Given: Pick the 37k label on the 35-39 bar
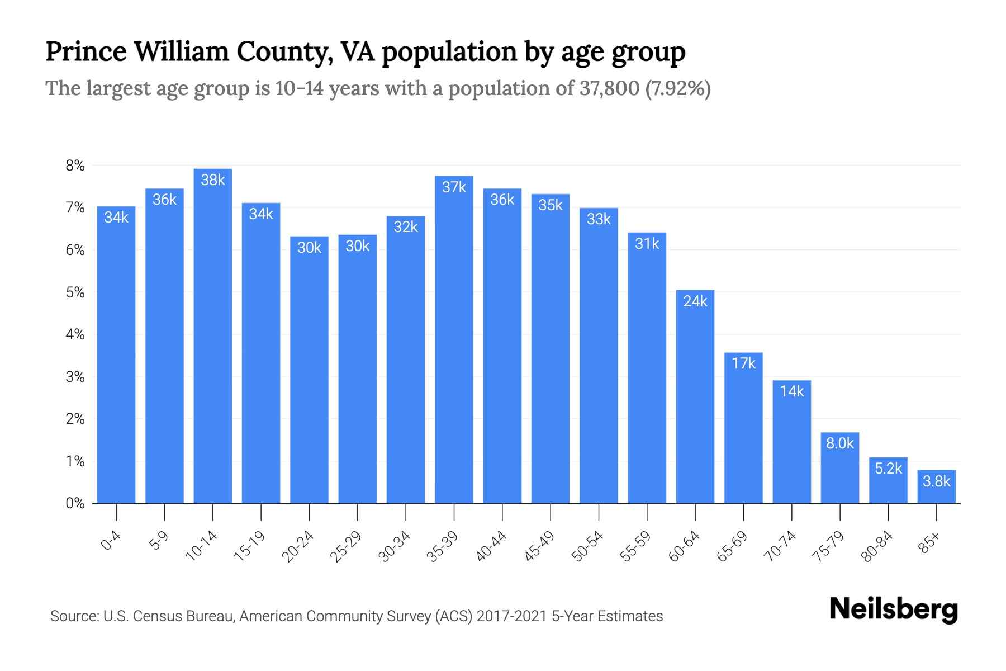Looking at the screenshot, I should (x=454, y=187).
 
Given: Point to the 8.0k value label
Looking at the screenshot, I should (x=840, y=443).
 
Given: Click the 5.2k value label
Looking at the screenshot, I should (x=888, y=469).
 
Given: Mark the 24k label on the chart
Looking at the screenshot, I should (x=695, y=301).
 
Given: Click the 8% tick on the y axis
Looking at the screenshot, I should (x=75, y=166).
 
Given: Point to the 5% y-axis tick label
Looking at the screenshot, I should (x=75, y=292).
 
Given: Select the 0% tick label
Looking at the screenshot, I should (x=75, y=503).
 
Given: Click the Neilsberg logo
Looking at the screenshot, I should (x=893, y=609).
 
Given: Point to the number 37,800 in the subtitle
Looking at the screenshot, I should (x=609, y=88).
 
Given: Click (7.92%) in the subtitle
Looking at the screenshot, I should (x=678, y=88).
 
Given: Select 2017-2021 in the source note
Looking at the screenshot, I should (x=511, y=616).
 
